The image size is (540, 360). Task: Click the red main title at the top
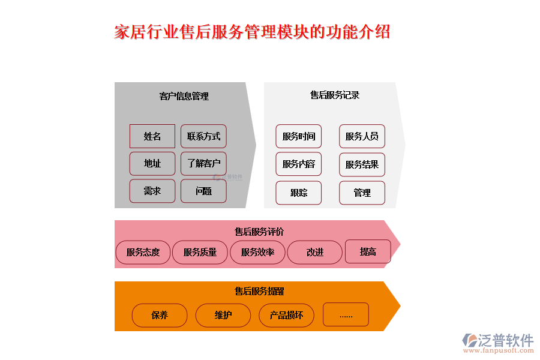[252, 32]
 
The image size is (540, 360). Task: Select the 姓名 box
[152, 136]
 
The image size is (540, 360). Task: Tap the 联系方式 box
[203, 136]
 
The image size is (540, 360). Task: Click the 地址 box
[152, 164]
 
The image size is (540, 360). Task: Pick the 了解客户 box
[203, 164]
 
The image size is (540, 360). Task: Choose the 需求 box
[152, 191]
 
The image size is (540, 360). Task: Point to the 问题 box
[203, 191]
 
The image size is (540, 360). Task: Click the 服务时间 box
[299, 136]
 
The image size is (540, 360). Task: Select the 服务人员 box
[362, 136]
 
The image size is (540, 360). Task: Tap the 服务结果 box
[362, 164]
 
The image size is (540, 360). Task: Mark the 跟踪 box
[299, 193]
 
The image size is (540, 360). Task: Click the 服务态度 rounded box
[143, 253]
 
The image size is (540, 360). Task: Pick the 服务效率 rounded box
[257, 253]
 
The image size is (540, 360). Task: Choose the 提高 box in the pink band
[368, 252]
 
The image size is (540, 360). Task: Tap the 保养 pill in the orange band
[160, 315]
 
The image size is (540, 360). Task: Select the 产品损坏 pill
[286, 315]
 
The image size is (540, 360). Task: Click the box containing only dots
[346, 314]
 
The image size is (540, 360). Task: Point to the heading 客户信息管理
[184, 96]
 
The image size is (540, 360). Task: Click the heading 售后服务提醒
[259, 292]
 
